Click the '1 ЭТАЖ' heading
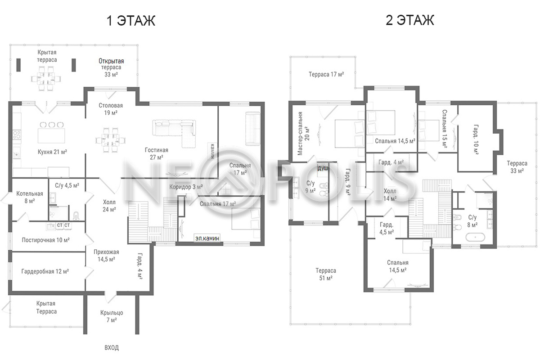point(131,21)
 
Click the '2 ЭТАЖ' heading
point(410,20)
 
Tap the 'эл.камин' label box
point(207,238)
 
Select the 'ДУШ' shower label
point(323,169)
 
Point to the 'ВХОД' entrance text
point(112,348)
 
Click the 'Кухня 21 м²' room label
point(52,152)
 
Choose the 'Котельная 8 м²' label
point(30,197)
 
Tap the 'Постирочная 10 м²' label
point(46,240)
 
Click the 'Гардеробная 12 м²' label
point(45,271)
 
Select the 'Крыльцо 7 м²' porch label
point(112,316)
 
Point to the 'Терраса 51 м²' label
point(326,274)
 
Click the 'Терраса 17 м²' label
point(326,74)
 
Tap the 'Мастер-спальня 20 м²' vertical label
point(303,133)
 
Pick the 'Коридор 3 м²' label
point(186,187)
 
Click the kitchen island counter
point(51,136)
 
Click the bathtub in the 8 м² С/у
point(475,237)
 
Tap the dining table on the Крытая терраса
point(46,79)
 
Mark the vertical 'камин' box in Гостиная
point(212,151)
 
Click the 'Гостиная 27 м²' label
point(157,153)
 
